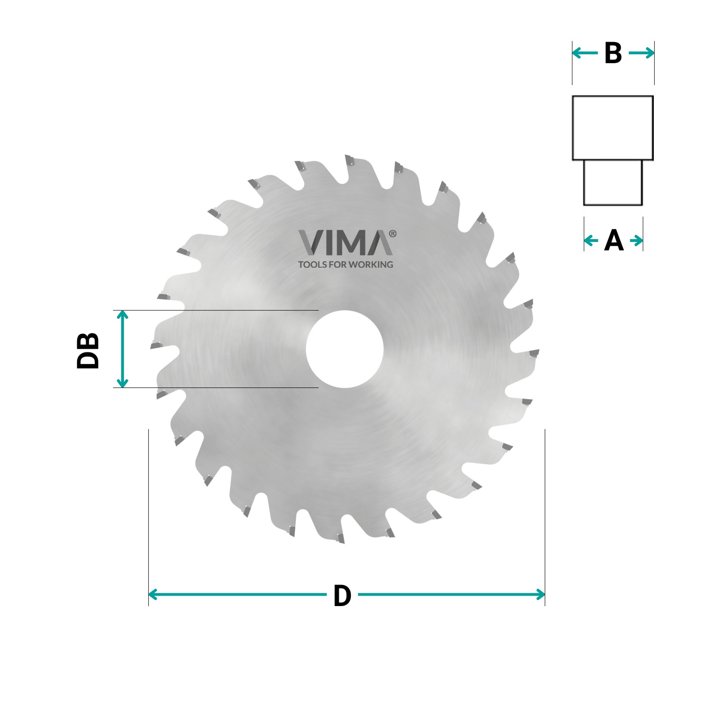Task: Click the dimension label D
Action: tap(342, 596)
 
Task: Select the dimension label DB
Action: tap(88, 351)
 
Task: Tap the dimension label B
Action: tap(613, 53)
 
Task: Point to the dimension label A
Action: tap(614, 241)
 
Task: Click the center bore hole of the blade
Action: tap(345, 349)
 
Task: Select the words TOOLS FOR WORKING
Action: tap(345, 264)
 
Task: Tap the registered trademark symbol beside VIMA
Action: tap(392, 234)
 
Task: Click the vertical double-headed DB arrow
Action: tap(122, 349)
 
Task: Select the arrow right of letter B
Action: tap(642, 53)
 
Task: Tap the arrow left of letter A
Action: tap(591, 241)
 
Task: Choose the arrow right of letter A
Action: tap(636, 241)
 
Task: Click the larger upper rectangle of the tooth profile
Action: tap(613, 128)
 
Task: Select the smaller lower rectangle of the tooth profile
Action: tap(613, 183)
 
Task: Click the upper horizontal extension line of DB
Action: tap(215, 310)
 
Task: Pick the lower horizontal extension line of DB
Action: tap(215, 388)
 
